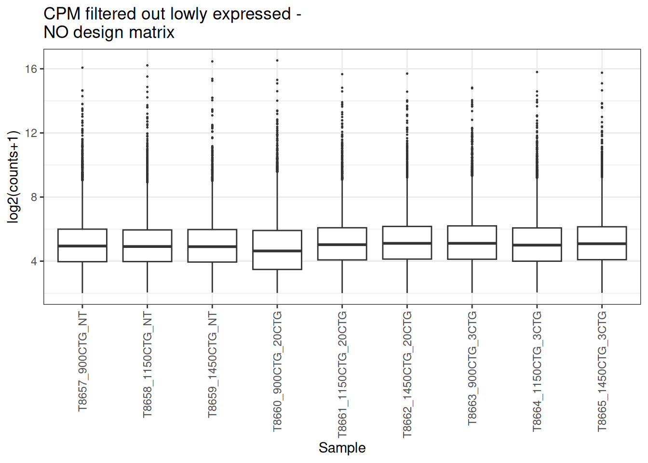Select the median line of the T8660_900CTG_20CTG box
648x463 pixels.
(x=277, y=251)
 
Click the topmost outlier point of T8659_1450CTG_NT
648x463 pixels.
(x=212, y=61)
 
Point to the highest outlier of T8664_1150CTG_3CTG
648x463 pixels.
(x=537, y=72)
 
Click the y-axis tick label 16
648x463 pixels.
(x=31, y=69)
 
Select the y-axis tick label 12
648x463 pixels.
(x=31, y=133)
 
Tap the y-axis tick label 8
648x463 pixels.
(x=34, y=197)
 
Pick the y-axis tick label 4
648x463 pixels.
(x=34, y=261)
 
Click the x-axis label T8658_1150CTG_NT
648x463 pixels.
(x=148, y=364)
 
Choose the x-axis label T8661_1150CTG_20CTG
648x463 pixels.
(x=342, y=374)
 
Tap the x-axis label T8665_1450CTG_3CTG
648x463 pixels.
(x=602, y=371)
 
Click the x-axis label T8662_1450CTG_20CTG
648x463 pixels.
(x=407, y=374)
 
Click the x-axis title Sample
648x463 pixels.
(x=342, y=448)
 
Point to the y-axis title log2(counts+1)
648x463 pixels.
(x=13, y=177)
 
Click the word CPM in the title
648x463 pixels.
(x=62, y=14)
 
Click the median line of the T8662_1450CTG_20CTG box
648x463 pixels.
(x=407, y=243)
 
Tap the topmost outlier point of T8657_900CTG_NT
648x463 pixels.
(x=82, y=68)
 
